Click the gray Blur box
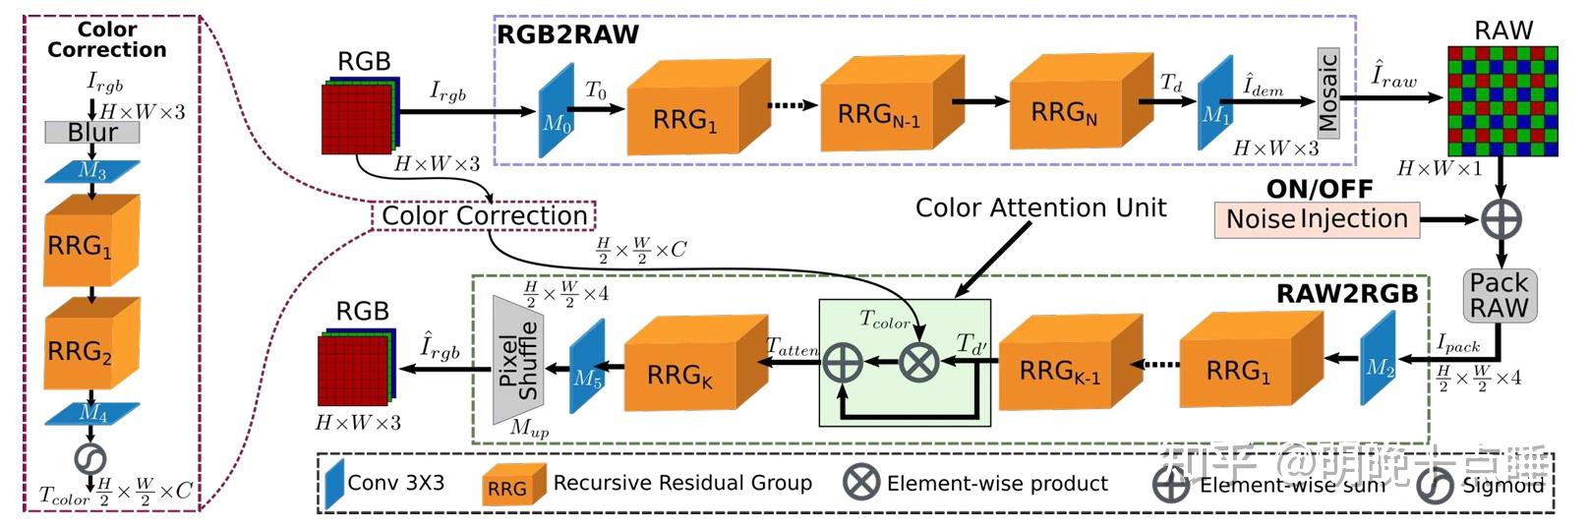click(91, 132)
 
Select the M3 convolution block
click(92, 172)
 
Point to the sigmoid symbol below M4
click(90, 458)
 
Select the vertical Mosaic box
click(1327, 92)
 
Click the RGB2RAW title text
click(567, 35)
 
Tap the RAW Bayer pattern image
click(1501, 101)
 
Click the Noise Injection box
click(1317, 218)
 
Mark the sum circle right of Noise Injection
click(1501, 219)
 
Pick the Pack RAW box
click(1499, 296)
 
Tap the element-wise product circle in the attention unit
click(919, 362)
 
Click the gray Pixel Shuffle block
click(517, 361)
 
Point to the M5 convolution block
click(587, 367)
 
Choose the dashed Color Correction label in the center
click(484, 216)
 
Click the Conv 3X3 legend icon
click(334, 483)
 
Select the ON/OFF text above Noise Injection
click(1319, 189)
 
